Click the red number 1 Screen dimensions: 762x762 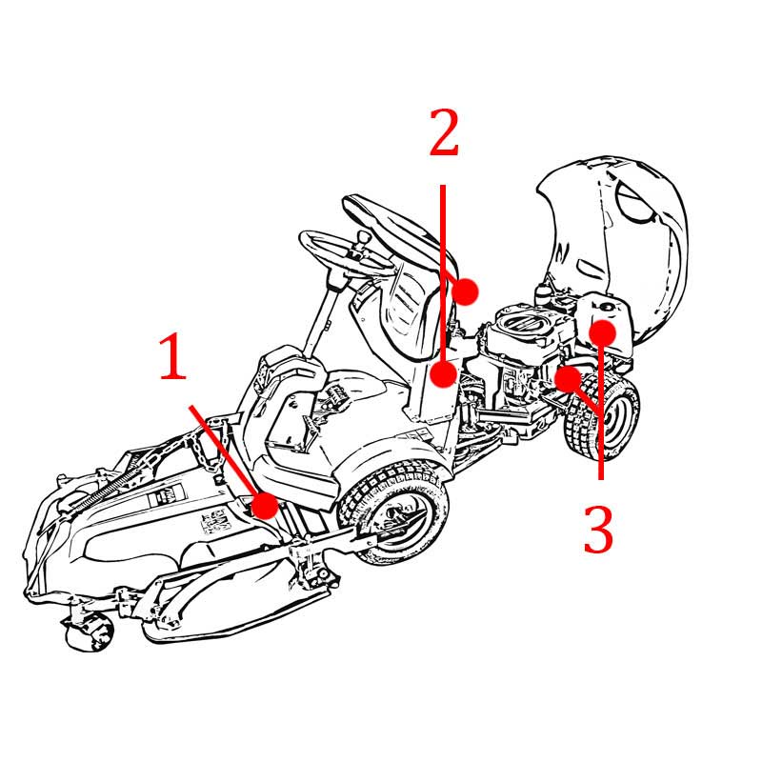click(x=173, y=356)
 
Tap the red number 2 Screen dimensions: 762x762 click(x=444, y=131)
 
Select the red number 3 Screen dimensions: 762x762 click(x=598, y=529)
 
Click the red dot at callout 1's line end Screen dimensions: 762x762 click(x=265, y=505)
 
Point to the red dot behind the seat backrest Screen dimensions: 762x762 click(x=465, y=291)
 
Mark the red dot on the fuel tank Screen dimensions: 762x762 click(x=603, y=333)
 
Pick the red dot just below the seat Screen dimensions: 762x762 click(x=444, y=374)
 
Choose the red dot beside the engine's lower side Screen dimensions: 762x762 click(x=568, y=379)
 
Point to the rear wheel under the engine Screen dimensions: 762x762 click(x=603, y=415)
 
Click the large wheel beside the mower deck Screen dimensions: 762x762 click(x=393, y=512)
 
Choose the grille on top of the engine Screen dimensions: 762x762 click(x=522, y=322)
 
